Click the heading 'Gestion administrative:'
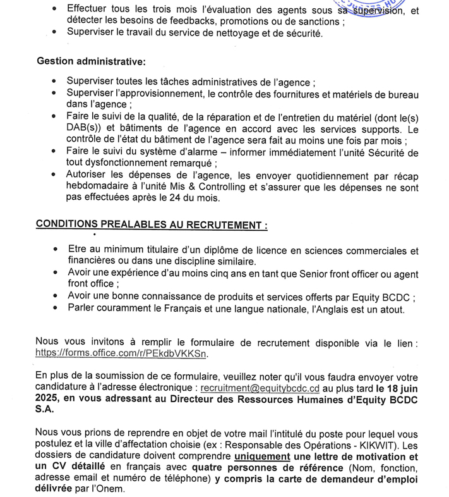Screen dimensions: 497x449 point(90,61)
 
